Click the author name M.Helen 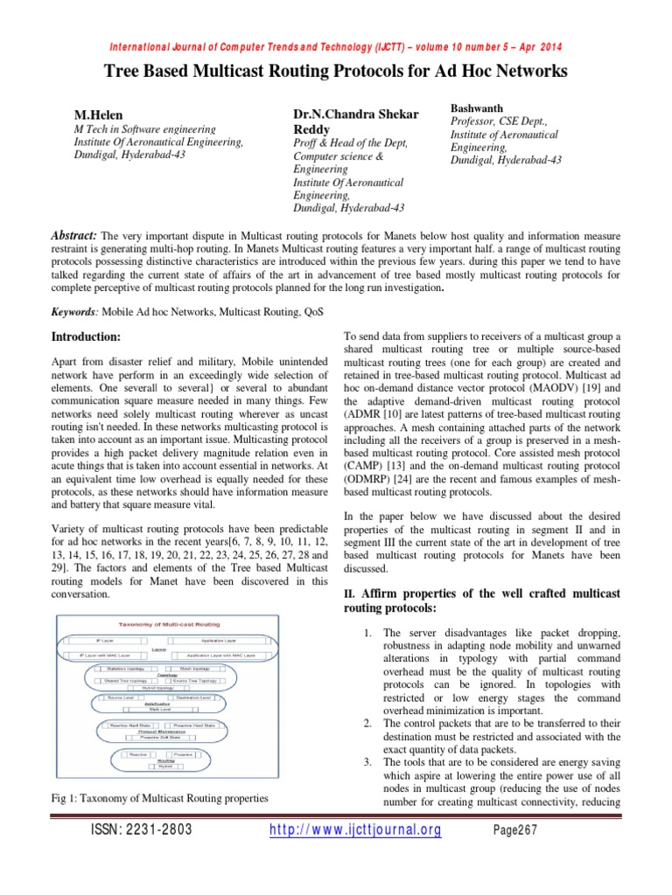pos(97,114)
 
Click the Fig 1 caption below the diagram pos(157,798)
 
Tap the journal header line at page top pos(336,46)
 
